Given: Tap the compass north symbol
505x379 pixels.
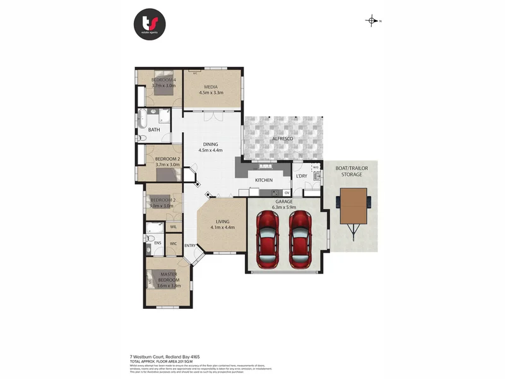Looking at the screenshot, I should pyautogui.click(x=372, y=21).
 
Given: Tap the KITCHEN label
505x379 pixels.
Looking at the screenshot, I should pyautogui.click(x=264, y=180).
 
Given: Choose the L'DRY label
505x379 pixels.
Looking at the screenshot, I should pyautogui.click(x=300, y=176).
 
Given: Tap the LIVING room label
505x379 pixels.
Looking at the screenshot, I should pyautogui.click(x=222, y=221).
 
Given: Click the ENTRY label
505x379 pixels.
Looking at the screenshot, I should pyautogui.click(x=189, y=245).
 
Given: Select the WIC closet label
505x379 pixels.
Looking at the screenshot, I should pyautogui.click(x=173, y=243).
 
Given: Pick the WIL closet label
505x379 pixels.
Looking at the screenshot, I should pyautogui.click(x=173, y=226).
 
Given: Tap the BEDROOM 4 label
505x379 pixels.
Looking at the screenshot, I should pyautogui.click(x=163, y=80).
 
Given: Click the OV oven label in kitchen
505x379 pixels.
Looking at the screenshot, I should pyautogui.click(x=287, y=192).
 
